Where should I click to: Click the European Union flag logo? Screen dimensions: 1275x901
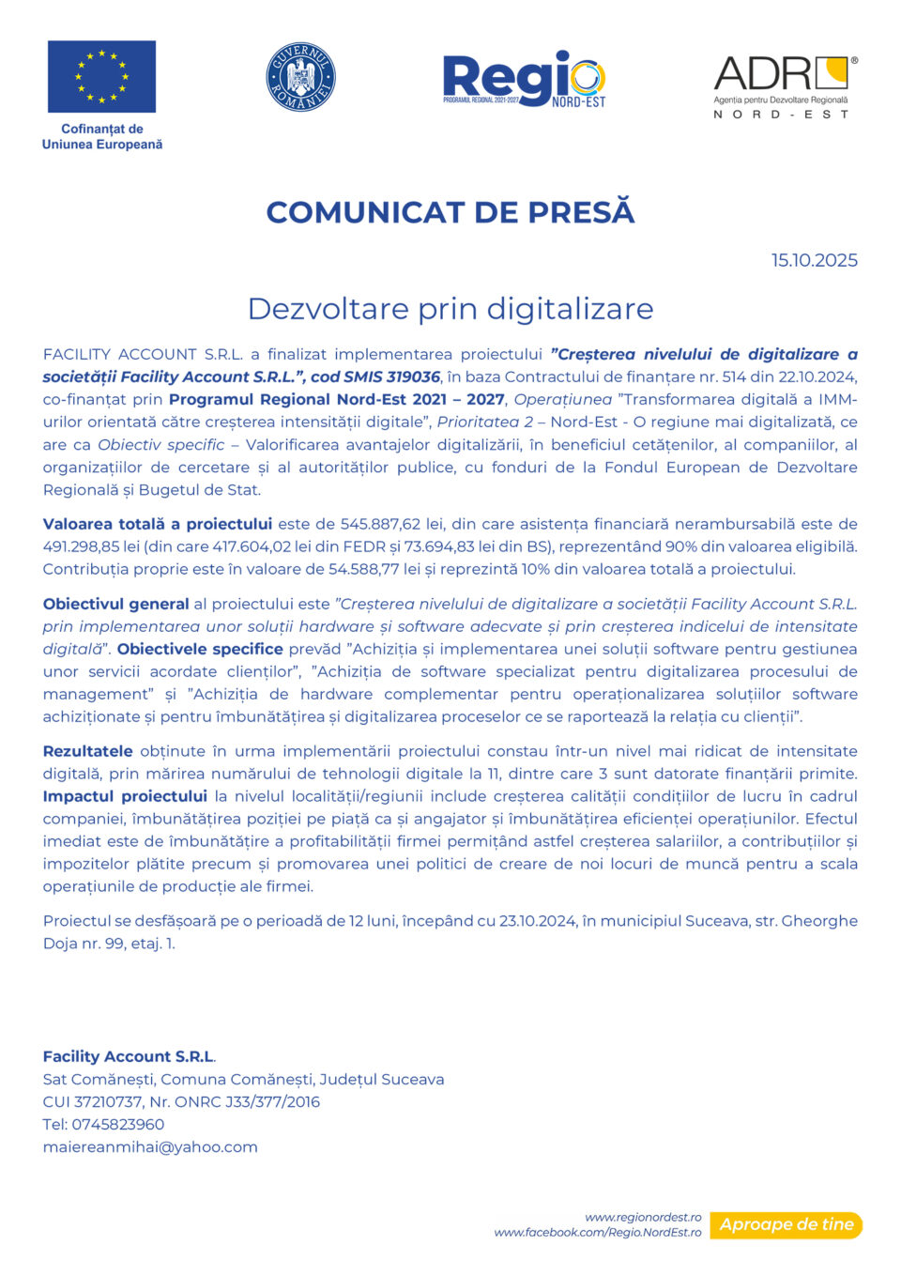click(x=101, y=77)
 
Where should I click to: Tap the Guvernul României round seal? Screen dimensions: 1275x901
click(x=300, y=77)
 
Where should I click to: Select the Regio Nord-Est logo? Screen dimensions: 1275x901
click(x=524, y=79)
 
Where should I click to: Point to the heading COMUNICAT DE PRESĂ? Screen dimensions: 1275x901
click(x=450, y=212)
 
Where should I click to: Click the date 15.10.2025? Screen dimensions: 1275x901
click(x=814, y=260)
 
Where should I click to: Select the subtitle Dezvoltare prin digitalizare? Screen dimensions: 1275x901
click(x=450, y=309)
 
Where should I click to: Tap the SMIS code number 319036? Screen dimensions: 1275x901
click(x=413, y=376)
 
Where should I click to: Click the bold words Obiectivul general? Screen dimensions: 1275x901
click(x=116, y=604)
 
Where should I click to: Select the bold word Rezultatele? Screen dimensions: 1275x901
click(x=88, y=751)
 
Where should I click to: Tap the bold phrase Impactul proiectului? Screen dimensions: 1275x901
click(x=125, y=796)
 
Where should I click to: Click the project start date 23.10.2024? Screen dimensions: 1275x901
click(x=538, y=921)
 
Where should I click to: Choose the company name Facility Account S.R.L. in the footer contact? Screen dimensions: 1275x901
click(x=129, y=1056)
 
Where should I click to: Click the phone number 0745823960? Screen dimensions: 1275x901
click(x=119, y=1124)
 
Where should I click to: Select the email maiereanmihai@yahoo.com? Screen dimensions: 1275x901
click(x=150, y=1146)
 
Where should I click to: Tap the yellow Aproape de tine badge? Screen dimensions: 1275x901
click(x=786, y=1224)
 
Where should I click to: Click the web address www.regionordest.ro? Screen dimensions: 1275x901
click(x=643, y=1217)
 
